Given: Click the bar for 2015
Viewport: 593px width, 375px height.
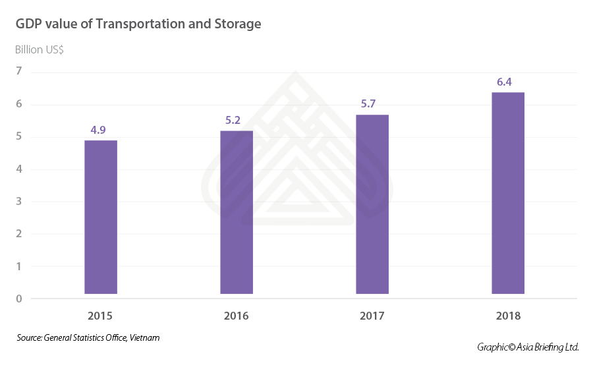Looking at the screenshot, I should pos(101,217).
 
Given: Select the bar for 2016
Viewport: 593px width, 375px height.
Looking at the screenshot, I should pos(237,212).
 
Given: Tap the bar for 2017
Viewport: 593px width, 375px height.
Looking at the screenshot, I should pos(372,204).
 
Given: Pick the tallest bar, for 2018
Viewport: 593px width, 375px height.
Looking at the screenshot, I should pos(508,193).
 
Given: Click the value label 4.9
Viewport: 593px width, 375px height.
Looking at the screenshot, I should pos(98,130).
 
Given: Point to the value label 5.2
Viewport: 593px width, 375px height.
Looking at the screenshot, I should pos(234,121).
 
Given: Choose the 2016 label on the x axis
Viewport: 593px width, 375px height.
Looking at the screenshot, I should pos(237,316).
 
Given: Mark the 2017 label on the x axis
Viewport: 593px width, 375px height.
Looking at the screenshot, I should pos(372,316).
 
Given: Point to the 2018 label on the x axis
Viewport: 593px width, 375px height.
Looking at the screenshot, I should pos(508,316).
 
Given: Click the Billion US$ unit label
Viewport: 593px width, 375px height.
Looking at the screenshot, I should pos(40,49).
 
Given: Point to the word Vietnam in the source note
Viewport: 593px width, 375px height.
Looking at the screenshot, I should pos(145,337).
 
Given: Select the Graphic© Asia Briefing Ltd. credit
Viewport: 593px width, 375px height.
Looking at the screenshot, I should pos(528,347).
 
